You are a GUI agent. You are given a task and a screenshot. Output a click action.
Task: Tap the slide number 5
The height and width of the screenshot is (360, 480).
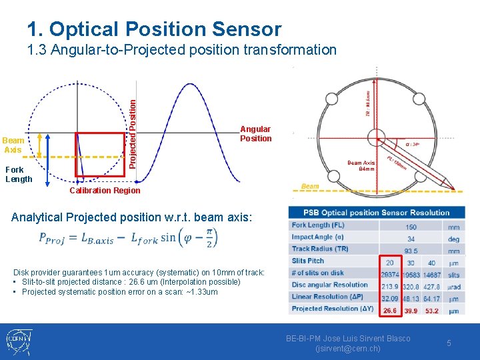[449, 343]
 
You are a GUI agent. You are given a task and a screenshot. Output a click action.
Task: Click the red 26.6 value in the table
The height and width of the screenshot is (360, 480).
[389, 309]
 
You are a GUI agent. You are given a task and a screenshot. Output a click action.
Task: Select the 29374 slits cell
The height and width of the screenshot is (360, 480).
[389, 275]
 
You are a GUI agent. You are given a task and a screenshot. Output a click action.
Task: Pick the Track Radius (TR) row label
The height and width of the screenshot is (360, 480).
[320, 249]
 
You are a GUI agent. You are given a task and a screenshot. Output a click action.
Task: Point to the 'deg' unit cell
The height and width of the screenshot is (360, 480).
[454, 239]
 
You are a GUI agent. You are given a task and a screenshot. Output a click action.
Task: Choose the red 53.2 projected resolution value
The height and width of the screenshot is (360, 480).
[432, 309]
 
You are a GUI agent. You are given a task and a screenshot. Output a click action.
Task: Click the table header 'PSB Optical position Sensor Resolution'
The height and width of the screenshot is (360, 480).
[377, 213]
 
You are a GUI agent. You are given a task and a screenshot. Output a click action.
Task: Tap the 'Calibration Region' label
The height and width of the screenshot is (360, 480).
[105, 191]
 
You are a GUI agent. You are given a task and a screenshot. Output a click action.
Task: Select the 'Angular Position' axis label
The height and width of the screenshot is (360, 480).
[255, 134]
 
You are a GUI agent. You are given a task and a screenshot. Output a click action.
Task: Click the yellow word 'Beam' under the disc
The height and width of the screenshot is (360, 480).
[310, 187]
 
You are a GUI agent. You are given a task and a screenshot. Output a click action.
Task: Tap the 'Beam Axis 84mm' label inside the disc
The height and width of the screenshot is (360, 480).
[361, 166]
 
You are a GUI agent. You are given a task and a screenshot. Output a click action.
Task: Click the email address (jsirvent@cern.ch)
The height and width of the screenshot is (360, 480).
[348, 349]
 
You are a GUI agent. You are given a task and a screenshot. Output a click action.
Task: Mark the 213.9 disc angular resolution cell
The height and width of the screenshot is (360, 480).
[389, 286]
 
